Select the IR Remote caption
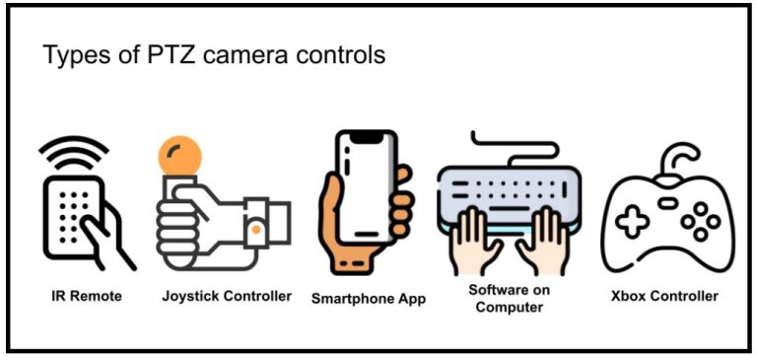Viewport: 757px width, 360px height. coord(89,296)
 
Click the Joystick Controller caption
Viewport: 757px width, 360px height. coord(227,296)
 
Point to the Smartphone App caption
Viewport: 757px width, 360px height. coord(369,298)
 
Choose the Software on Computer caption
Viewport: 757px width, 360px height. coord(510,298)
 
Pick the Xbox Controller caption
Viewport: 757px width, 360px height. coord(662,296)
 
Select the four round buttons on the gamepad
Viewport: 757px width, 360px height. coord(701,221)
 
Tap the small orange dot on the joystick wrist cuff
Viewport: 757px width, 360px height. coord(255,229)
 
